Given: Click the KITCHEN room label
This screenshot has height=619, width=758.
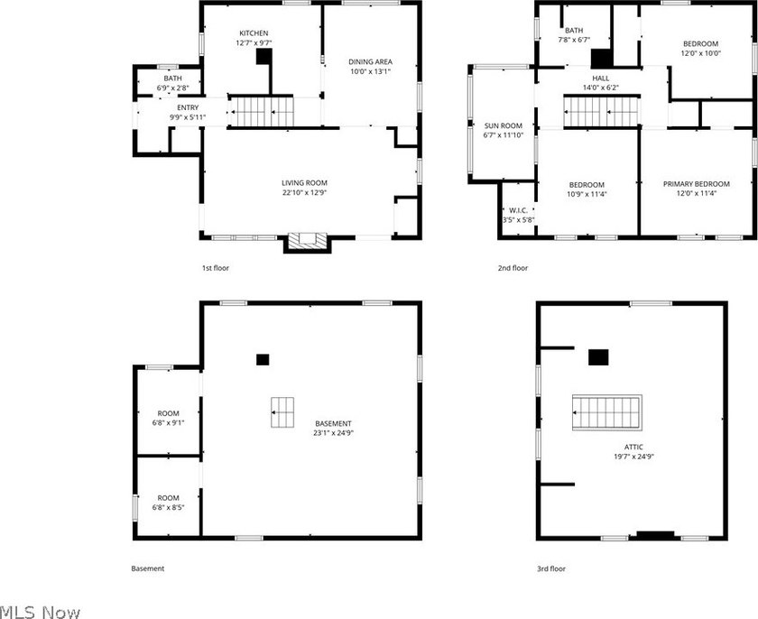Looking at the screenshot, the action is click(x=254, y=33).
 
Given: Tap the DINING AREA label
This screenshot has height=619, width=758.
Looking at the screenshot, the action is click(x=370, y=62).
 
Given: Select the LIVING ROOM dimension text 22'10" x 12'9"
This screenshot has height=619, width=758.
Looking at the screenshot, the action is click(x=305, y=192).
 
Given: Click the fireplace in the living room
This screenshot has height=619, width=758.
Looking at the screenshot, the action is click(x=308, y=241).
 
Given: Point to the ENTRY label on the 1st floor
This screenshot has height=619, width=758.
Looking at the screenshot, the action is click(x=188, y=107).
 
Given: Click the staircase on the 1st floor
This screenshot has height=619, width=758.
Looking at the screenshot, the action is click(x=261, y=112).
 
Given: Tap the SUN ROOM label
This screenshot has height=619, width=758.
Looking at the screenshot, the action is click(x=504, y=125).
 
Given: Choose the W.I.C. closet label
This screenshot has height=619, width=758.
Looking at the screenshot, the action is click(x=518, y=210).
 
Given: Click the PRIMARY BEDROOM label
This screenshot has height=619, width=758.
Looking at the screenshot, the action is click(x=696, y=184).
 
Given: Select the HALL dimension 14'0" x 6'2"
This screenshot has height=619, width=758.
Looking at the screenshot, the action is click(x=601, y=88).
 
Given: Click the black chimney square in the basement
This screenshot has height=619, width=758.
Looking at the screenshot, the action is click(x=263, y=359).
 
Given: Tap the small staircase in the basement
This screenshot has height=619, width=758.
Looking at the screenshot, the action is click(x=282, y=412).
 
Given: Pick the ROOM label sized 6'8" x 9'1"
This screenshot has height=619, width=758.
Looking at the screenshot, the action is click(x=168, y=413).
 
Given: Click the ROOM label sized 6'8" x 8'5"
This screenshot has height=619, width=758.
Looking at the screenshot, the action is click(x=168, y=498).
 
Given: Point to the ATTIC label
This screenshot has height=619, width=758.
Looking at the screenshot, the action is click(x=633, y=447).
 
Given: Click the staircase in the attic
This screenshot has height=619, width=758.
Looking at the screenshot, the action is click(x=607, y=412).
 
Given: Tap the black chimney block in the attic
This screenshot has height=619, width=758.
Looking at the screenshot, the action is click(x=598, y=357).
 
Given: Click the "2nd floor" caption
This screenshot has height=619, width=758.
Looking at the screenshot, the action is click(x=513, y=268).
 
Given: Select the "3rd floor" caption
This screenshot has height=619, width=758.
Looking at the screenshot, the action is click(x=551, y=568).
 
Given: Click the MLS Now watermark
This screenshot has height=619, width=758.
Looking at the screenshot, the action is click(x=40, y=613).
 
